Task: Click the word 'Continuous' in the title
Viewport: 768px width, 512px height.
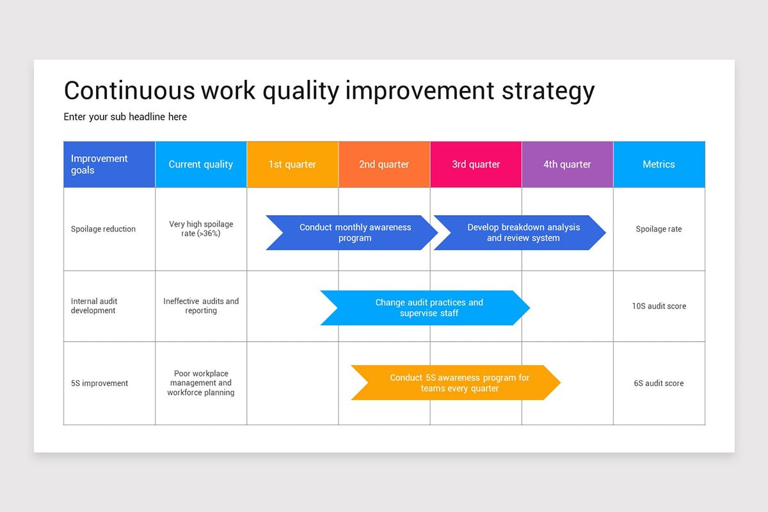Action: point(128,91)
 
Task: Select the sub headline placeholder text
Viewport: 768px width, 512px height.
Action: point(125,116)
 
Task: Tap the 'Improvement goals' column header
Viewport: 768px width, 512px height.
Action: point(109,164)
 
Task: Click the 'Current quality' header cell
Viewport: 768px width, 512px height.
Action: point(200,164)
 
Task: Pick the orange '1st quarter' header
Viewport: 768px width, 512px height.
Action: point(292,164)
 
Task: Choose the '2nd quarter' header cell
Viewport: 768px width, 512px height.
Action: point(383,164)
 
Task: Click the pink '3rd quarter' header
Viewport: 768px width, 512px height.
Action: point(476,164)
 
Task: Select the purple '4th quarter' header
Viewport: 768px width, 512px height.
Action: point(567,164)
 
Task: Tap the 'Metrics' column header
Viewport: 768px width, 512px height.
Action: point(659,164)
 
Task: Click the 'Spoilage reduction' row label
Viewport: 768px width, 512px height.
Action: point(103,229)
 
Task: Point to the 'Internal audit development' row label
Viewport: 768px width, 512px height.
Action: point(93,306)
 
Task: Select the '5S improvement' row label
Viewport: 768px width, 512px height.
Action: point(99,383)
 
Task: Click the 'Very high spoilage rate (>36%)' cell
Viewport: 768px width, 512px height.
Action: point(201,229)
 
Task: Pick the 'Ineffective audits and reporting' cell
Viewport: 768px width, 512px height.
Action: point(201,306)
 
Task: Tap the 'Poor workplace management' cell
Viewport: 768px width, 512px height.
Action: point(201,383)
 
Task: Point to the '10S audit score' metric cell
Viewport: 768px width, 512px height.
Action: point(659,306)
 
